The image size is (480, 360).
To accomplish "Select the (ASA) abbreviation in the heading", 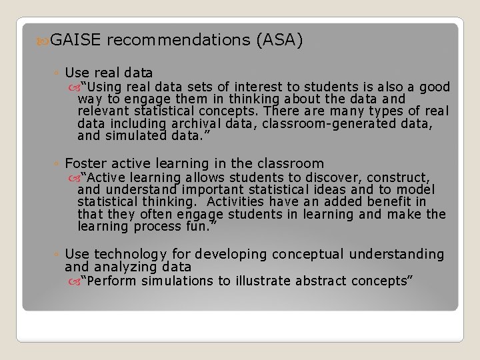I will pyautogui.click(x=279, y=41).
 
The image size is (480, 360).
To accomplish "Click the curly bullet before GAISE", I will pyautogui.click(x=44, y=41).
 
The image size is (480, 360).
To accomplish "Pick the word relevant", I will pyautogui.click(x=102, y=111).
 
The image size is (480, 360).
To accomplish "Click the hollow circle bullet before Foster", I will pyautogui.click(x=58, y=164).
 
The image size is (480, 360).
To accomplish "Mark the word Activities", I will pyautogui.click(x=238, y=201).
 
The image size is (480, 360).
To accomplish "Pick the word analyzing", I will pyautogui.click(x=129, y=267).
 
